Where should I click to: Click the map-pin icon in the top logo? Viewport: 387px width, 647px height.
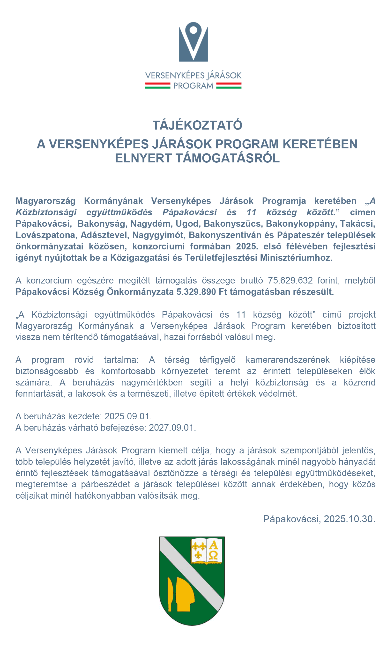click(x=193, y=42)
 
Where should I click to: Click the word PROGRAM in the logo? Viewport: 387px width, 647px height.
click(x=193, y=86)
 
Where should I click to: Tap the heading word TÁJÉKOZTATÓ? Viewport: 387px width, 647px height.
click(x=197, y=125)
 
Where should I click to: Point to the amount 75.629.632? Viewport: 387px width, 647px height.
click(x=290, y=281)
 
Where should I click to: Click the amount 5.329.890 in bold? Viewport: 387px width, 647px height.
click(x=196, y=292)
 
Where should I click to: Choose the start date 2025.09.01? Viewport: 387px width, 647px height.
click(x=128, y=416)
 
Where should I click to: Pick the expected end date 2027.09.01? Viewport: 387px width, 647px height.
click(x=172, y=428)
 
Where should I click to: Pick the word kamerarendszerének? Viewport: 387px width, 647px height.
click(x=287, y=360)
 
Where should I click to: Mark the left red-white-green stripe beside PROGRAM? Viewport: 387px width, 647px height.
click(x=157, y=86)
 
